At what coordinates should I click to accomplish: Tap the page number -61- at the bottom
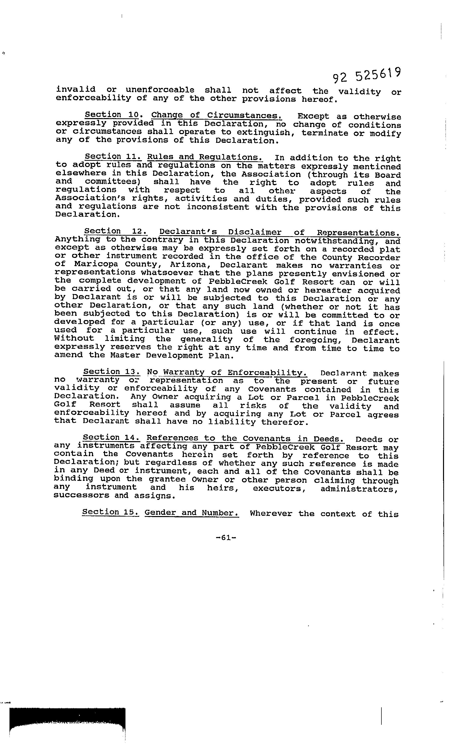point(226,538)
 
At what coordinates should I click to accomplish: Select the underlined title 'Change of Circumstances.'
point(217,116)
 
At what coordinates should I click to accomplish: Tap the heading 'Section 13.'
point(112,372)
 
